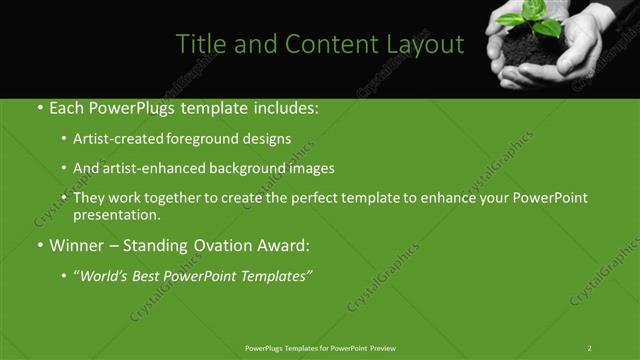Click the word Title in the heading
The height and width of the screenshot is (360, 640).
(199, 45)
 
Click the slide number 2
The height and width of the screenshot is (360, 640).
(590, 348)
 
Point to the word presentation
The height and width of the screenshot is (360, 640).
(116, 214)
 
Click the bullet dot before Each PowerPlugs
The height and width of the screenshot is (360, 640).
(39, 108)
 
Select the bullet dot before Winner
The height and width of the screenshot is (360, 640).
(39, 244)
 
